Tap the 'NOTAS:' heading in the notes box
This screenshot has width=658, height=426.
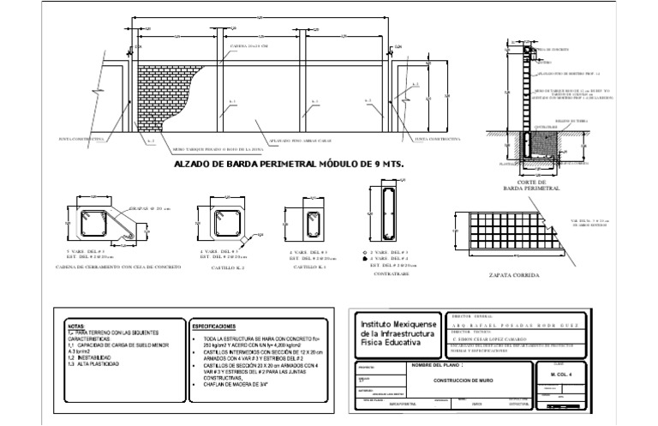pos(77,327)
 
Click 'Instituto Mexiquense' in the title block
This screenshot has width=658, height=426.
pos(399,326)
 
